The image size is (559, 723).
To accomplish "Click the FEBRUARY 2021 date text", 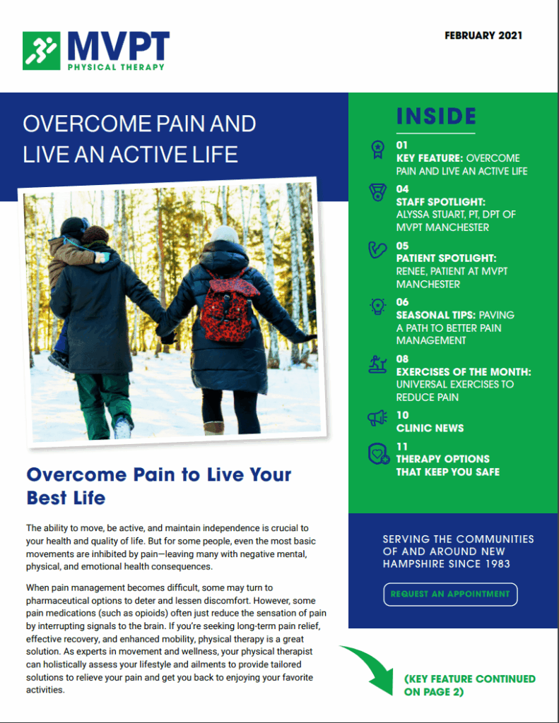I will point(483,35).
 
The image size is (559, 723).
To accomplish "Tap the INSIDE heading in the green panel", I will point(436,116).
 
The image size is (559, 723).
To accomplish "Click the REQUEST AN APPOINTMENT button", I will point(450,594).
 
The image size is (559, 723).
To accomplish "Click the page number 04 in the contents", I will point(403,189).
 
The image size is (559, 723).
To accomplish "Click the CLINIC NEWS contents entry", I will point(430,428).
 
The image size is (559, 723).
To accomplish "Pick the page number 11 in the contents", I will point(402,446).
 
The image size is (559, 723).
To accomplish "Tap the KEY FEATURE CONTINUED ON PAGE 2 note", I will point(469,685).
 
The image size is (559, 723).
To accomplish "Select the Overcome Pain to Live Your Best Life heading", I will point(159,486).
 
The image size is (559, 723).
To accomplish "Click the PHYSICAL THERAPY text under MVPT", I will point(116,67).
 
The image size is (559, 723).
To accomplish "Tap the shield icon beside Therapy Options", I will point(378,453).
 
